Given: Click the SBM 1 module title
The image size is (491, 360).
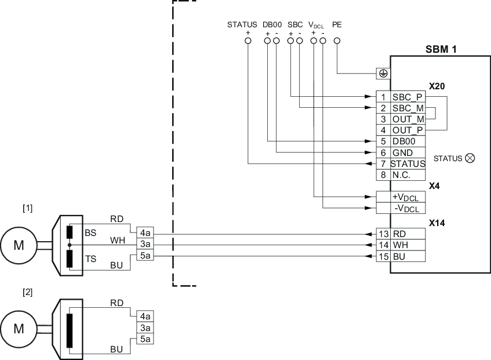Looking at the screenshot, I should (440, 49).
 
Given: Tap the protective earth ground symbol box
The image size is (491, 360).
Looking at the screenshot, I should (383, 73).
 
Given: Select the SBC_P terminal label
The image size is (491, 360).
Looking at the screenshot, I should (408, 97).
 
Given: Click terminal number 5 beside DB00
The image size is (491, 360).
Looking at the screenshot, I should (383, 141).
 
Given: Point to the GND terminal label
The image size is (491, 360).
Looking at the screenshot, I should (402, 152).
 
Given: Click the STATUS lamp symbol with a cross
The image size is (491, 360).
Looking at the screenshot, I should (470, 158).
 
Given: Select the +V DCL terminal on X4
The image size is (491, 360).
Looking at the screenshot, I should (405, 197).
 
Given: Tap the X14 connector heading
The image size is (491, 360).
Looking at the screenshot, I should (437, 222).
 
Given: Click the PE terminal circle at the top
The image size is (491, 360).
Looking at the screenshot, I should (336, 41).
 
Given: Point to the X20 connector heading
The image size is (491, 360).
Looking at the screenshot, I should (437, 85).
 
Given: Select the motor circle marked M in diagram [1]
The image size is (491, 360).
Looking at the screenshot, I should (19, 245).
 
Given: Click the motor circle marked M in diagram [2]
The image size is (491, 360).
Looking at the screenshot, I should (19, 328).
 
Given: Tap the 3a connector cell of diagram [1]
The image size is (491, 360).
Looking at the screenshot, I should (145, 244).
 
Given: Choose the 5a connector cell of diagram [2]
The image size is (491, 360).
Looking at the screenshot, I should (145, 339).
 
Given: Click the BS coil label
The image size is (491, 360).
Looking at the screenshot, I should (90, 232).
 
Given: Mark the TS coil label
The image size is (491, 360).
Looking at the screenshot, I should (90, 259).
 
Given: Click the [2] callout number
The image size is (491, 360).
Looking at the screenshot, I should (27, 292).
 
